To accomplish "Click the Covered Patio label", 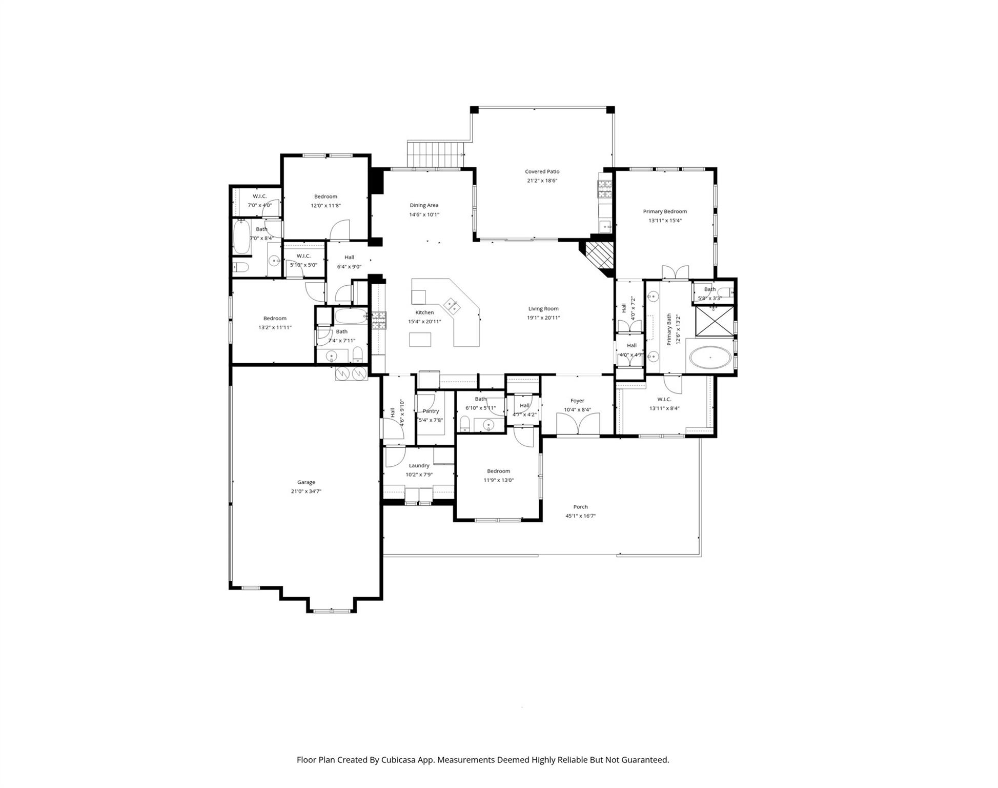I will tap(542, 172).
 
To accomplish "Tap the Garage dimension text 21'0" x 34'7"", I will tap(306, 491).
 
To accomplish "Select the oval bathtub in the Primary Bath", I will tap(710, 357).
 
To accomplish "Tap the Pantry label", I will tap(431, 411).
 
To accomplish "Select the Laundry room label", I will tap(419, 466).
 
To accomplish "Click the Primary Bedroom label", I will tap(665, 211).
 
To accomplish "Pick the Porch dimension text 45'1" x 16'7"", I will tap(580, 516).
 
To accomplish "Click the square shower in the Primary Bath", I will tap(714, 321).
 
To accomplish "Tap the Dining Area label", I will tap(424, 205).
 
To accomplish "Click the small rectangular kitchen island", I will tap(420, 340).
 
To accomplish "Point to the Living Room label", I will tap(543, 309).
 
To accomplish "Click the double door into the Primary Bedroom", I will tap(675, 272).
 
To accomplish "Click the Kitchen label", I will tap(424, 312).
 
